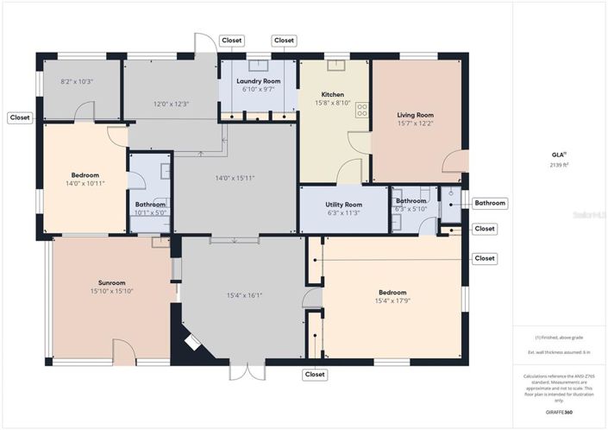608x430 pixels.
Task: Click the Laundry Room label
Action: (x=259, y=80)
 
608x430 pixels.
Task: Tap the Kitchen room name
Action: (x=333, y=94)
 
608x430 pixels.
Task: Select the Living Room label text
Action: (x=415, y=115)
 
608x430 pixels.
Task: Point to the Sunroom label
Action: (x=112, y=282)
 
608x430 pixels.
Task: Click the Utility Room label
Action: (x=344, y=205)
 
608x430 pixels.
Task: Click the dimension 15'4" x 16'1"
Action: (x=244, y=295)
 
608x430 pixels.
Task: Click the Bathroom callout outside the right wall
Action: (x=490, y=203)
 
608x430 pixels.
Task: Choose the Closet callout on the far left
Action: (x=20, y=117)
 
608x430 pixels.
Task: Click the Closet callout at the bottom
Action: (x=315, y=375)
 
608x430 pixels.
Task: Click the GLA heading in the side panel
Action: (x=557, y=154)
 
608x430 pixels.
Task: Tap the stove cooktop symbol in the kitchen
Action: (x=363, y=110)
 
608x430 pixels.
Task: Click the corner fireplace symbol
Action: (x=192, y=343)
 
